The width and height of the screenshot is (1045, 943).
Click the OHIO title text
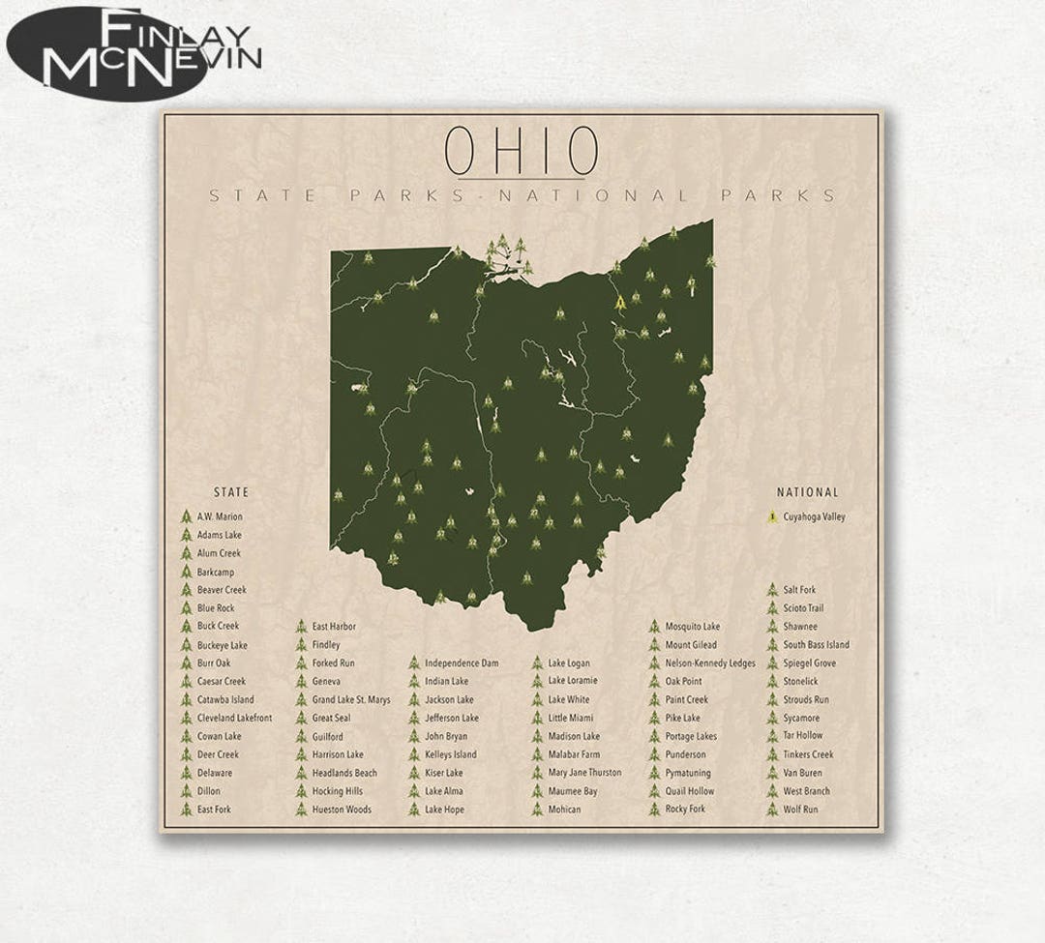(x=521, y=150)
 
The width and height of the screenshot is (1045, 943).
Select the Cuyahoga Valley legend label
(x=814, y=516)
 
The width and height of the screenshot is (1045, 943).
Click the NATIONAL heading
(x=807, y=492)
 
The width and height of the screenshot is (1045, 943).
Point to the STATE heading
(x=230, y=492)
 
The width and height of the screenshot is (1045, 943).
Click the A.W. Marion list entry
(x=220, y=516)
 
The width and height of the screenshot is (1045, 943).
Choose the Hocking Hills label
(x=337, y=791)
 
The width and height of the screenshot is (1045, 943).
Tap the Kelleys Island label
(x=450, y=754)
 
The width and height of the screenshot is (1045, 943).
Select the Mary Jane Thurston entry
(x=584, y=773)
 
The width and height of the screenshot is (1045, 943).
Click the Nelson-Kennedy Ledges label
(x=709, y=663)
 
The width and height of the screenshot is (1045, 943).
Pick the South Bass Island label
(x=816, y=645)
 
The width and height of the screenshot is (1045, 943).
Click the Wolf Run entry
(x=800, y=810)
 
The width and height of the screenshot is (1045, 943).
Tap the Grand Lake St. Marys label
(x=350, y=699)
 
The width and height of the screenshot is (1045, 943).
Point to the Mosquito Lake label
(x=692, y=627)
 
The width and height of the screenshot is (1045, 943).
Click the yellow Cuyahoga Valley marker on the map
(x=619, y=303)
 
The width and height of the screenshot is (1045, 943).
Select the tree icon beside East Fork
(x=186, y=810)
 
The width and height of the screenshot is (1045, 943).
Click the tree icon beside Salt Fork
(x=772, y=590)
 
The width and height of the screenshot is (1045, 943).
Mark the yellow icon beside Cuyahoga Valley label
(x=772, y=516)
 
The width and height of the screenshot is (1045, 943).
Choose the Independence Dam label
(x=462, y=663)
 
